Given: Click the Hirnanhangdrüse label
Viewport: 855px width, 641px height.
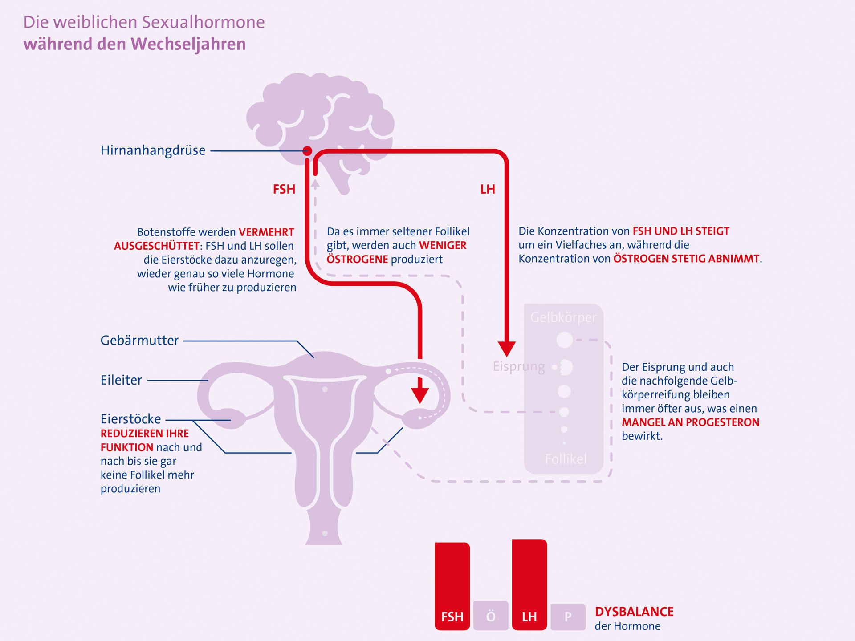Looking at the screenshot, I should [x=153, y=150].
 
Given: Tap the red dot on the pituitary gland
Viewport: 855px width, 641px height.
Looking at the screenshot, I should [x=307, y=150].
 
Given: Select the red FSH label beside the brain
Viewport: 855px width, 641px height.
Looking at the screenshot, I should [x=284, y=189].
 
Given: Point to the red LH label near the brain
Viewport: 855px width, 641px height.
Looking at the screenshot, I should [x=488, y=189].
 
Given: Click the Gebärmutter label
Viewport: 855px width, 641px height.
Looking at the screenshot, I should [x=139, y=341].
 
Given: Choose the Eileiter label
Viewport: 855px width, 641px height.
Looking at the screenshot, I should [x=121, y=380].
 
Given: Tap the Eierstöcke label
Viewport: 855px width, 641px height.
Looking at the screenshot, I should [x=130, y=419].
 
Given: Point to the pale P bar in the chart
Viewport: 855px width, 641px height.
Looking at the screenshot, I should [x=568, y=617].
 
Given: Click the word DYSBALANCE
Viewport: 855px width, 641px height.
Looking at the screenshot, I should [x=634, y=612].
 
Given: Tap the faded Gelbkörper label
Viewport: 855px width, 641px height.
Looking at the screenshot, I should [x=563, y=317].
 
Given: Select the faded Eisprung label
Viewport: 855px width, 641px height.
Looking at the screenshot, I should [x=519, y=367].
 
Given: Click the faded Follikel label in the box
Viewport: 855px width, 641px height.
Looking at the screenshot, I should [x=566, y=459].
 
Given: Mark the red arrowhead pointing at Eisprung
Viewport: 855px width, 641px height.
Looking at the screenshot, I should [x=507, y=349].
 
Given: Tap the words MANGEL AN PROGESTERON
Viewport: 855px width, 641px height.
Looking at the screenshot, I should [x=690, y=422].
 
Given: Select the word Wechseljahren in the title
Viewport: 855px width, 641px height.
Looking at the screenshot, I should [x=188, y=44].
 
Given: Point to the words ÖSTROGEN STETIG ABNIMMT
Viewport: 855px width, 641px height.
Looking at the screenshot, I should [x=686, y=259].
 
